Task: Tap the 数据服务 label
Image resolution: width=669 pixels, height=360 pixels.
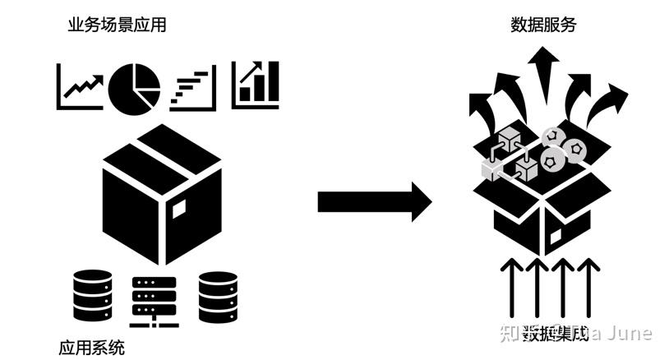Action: (543, 25)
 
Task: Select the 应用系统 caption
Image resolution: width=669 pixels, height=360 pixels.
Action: (91, 347)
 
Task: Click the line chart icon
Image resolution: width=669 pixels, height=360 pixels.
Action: (81, 86)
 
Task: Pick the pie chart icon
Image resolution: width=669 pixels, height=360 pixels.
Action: (134, 86)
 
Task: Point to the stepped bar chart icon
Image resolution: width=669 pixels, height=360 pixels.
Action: (193, 89)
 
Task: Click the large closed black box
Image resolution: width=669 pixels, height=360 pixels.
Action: (162, 193)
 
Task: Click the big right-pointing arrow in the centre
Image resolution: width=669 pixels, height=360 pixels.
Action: (374, 201)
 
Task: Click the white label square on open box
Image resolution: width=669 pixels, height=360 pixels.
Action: (556, 237)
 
